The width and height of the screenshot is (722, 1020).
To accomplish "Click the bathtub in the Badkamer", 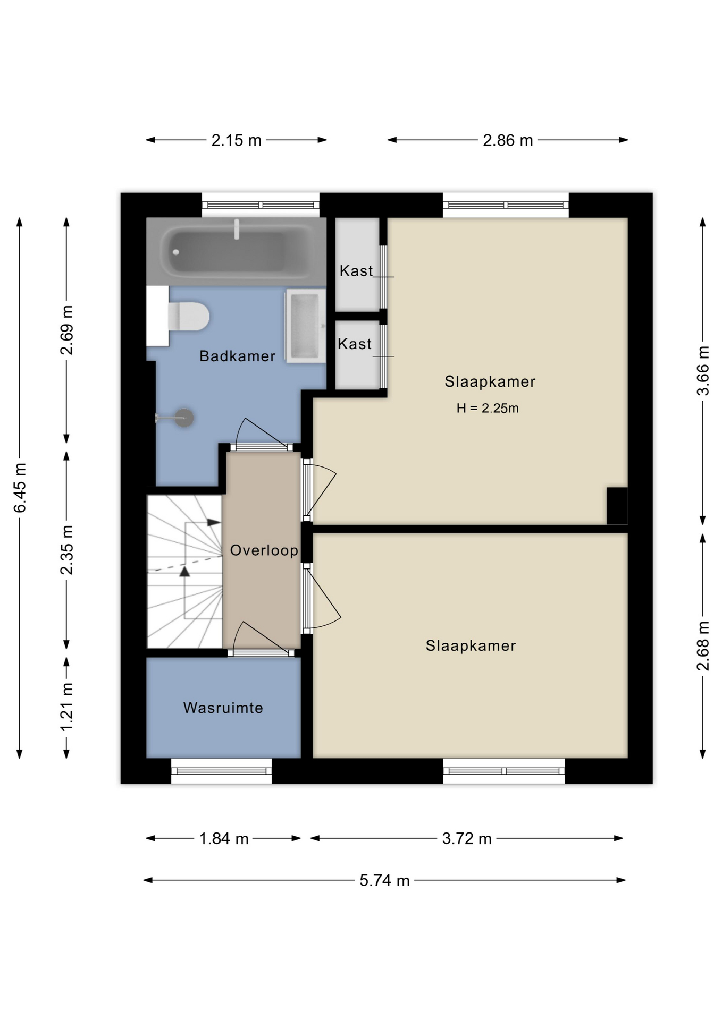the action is (236, 251).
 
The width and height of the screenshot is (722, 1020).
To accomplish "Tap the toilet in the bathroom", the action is (188, 317).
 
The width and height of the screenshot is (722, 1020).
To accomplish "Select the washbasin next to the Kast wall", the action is (306, 326).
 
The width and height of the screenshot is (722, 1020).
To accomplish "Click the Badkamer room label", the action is (237, 356).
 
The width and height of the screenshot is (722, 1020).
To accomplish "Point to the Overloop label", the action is (264, 550).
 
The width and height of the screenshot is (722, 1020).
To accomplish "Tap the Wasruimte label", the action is (223, 708).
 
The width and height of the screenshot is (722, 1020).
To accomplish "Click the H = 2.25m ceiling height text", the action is (488, 408).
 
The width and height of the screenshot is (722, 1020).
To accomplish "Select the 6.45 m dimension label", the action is (20, 488).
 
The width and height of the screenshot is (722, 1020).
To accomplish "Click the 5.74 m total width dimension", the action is (384, 880).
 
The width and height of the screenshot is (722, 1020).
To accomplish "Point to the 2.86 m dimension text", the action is (508, 140).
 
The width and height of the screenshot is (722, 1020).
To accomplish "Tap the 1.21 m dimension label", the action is (66, 707).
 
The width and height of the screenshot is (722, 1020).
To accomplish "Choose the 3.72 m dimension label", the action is (467, 838).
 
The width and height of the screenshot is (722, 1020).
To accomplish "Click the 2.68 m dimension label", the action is (703, 645).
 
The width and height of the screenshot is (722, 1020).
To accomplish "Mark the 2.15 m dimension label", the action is (237, 140).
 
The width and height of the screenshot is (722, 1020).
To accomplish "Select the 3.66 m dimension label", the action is (703, 370).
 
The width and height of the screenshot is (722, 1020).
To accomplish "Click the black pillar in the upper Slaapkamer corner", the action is (617, 506).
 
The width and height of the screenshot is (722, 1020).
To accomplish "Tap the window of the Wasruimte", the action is (221, 771).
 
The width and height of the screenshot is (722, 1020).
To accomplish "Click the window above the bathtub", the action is (261, 205).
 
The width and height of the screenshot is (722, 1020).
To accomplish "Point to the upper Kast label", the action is (356, 271).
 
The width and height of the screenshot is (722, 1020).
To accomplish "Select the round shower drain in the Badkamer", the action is (184, 418).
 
